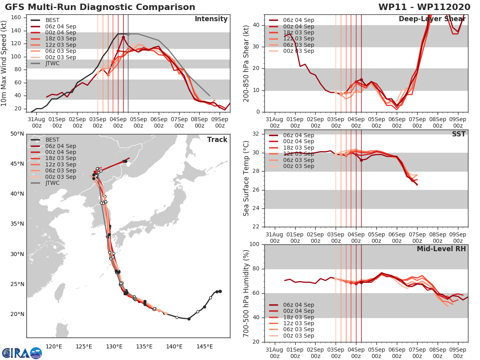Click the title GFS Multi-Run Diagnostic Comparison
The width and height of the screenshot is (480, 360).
click(100, 7)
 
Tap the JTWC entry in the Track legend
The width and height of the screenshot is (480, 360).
click(52, 183)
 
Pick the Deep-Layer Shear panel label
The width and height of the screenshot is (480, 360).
click(432, 19)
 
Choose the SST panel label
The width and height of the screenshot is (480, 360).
click(458, 134)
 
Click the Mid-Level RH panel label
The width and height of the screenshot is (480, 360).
click(441, 249)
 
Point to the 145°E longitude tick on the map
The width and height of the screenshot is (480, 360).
click(204, 346)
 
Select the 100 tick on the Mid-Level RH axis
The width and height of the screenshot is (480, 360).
click(255, 244)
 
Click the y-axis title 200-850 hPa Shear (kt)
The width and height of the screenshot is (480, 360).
click(246, 64)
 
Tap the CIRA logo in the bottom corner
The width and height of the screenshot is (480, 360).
click(22, 352)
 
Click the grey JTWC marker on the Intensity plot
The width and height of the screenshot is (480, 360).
click(128, 34)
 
